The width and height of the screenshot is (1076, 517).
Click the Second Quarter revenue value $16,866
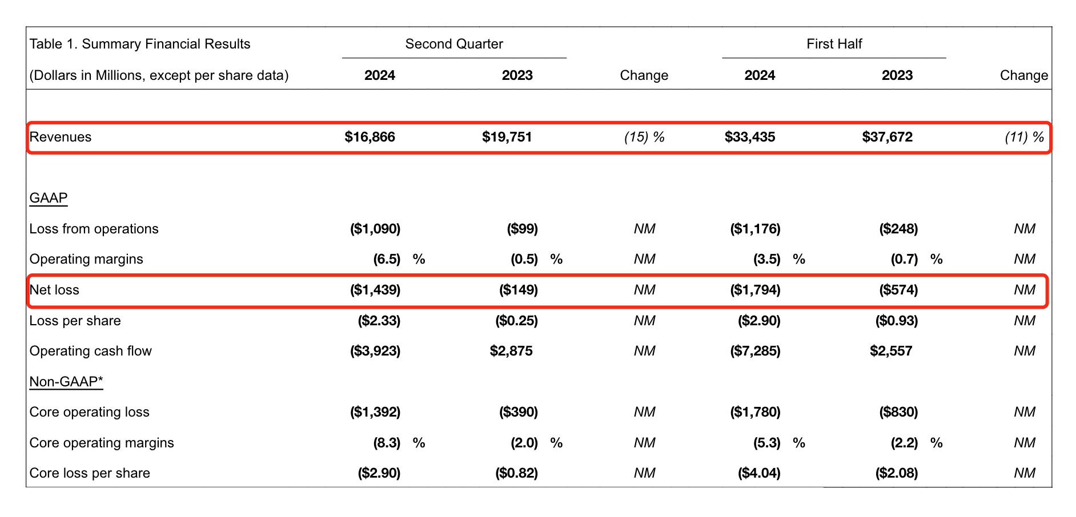click(x=370, y=137)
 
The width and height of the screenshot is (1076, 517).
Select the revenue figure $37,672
click(x=887, y=137)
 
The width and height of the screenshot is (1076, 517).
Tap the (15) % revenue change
click(x=644, y=137)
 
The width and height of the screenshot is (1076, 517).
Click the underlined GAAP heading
click(x=49, y=198)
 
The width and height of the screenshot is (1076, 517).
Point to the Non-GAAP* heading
click(x=66, y=382)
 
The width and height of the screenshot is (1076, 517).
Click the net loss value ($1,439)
click(x=375, y=290)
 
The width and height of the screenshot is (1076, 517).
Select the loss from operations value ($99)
click(x=522, y=229)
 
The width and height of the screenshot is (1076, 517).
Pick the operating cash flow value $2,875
click(x=511, y=351)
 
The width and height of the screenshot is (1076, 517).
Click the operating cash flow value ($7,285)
click(x=755, y=351)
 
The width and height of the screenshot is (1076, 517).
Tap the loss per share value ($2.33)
click(x=379, y=321)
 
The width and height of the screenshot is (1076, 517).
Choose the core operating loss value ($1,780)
click(x=755, y=412)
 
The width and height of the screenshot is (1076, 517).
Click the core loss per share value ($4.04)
click(x=759, y=473)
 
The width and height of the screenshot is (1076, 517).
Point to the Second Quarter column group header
click(x=454, y=44)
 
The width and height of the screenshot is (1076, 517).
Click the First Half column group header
click(x=834, y=44)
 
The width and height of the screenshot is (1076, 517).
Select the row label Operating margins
click(x=86, y=259)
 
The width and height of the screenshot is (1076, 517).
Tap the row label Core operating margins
click(x=102, y=443)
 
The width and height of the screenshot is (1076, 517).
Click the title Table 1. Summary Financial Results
click(x=140, y=44)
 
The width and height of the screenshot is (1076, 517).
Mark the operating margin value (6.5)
click(x=387, y=259)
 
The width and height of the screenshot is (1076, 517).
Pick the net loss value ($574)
click(x=898, y=290)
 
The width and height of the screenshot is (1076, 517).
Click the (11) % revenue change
click(x=1024, y=137)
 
